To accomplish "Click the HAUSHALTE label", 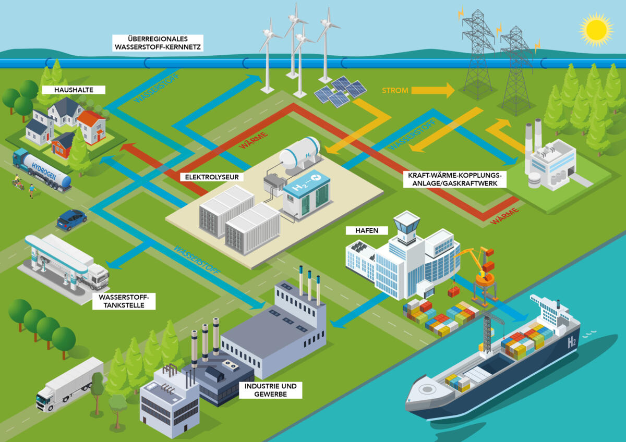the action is pyautogui.click(x=74, y=90).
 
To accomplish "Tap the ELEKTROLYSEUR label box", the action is pyautogui.click(x=212, y=177).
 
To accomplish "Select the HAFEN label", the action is pyautogui.click(x=367, y=230).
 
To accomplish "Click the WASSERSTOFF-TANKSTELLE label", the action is pyautogui.click(x=124, y=301).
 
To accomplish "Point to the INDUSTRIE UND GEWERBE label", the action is pyautogui.click(x=270, y=390).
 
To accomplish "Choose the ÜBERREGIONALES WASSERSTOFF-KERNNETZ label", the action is pyautogui.click(x=158, y=43).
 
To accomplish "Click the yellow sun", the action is pyautogui.click(x=596, y=30).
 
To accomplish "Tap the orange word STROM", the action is pyautogui.click(x=395, y=91).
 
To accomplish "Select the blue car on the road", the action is pyautogui.click(x=72, y=220).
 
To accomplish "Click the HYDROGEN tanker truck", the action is pyautogui.click(x=42, y=170).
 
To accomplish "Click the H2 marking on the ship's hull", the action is pyautogui.click(x=572, y=342).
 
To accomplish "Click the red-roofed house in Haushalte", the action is pyautogui.click(x=92, y=127).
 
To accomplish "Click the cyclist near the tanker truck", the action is pyautogui.click(x=18, y=182).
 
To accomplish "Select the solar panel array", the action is pyautogui.click(x=340, y=91).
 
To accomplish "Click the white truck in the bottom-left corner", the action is pyautogui.click(x=70, y=384).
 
